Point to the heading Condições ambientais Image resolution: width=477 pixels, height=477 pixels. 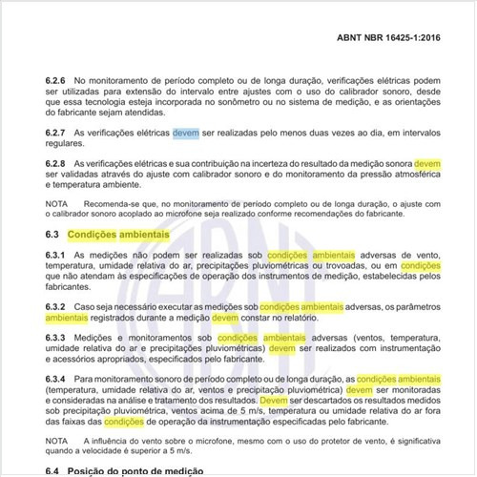(123, 234)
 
